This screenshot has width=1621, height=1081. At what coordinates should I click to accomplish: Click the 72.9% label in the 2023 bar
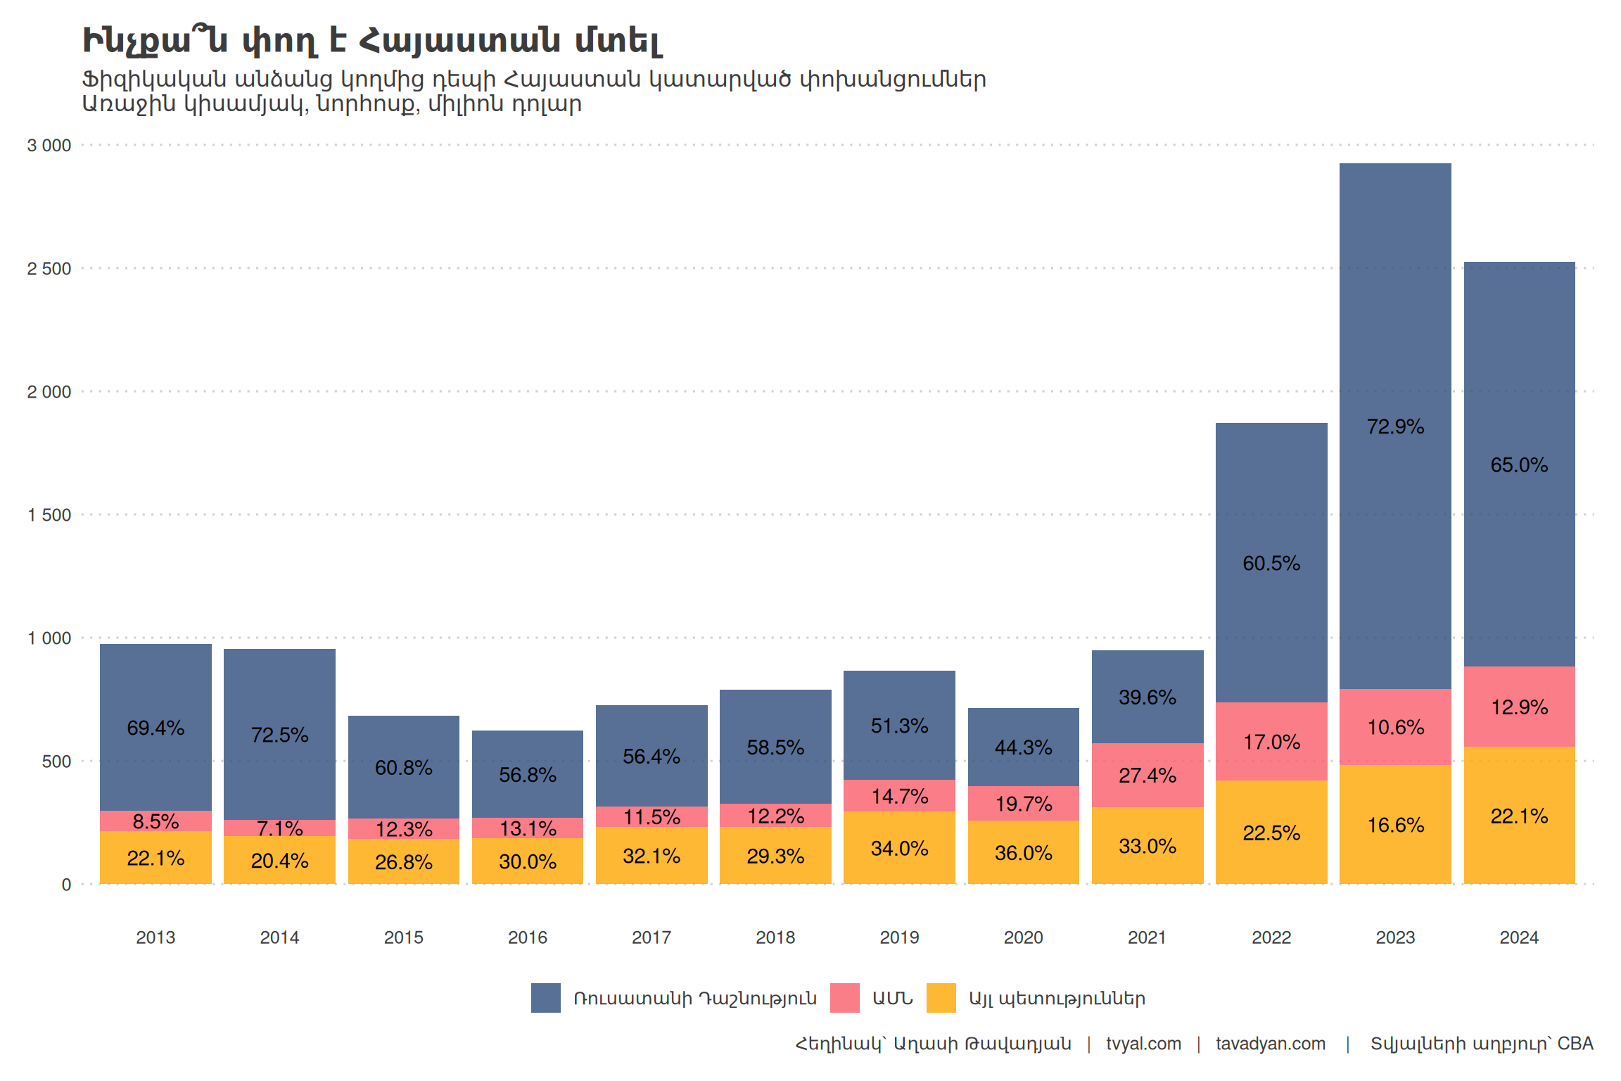point(1395,426)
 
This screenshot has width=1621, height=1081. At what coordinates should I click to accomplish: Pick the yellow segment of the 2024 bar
point(1519,845)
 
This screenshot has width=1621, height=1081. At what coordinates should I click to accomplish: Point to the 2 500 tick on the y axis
point(49,269)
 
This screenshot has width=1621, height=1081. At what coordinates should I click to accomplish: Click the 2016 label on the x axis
point(528,937)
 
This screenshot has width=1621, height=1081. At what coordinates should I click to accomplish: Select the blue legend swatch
point(546,998)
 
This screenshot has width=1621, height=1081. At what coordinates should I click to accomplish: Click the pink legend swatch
point(844,998)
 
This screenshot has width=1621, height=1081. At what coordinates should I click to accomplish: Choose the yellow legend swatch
point(941,998)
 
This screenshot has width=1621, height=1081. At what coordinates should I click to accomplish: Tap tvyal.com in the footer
point(1143,1044)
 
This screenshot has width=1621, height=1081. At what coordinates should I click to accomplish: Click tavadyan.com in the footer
point(1271,1044)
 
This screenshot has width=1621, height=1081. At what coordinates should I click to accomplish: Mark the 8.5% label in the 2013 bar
point(155,821)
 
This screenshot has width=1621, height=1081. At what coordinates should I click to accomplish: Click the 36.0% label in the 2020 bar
point(1024,853)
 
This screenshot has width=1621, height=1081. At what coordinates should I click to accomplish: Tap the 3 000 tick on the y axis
point(49,146)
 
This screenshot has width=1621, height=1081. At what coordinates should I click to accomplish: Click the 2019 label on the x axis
point(899,937)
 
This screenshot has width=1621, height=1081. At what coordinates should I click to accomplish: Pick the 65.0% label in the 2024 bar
point(1519,465)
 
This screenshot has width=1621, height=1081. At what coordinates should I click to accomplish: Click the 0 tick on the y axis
point(66,885)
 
